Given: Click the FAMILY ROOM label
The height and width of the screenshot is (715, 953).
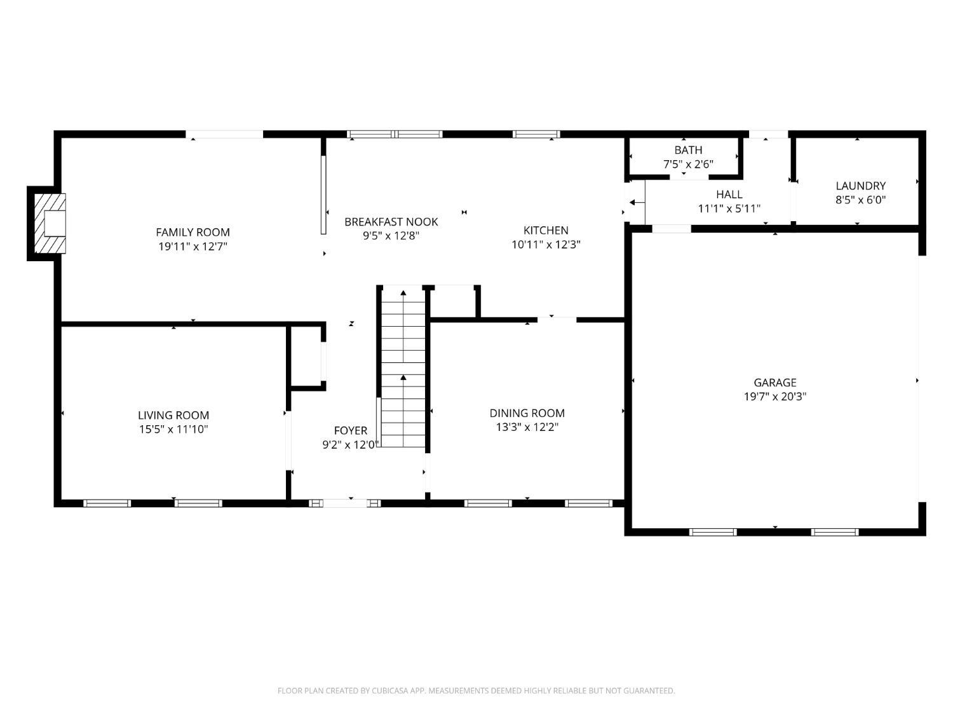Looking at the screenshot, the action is [x=193, y=232].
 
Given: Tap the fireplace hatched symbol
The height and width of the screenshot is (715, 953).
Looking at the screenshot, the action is [x=50, y=223].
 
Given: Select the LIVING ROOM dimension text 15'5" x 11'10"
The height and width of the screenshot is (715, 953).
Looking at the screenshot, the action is [x=173, y=430].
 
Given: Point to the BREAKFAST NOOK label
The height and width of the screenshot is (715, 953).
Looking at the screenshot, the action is [x=391, y=222].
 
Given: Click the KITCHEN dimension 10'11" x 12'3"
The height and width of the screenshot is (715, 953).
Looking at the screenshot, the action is [x=546, y=245].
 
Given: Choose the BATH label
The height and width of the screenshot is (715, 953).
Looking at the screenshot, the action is [x=688, y=150].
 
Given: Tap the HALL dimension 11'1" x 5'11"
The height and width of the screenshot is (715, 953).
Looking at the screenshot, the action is [x=729, y=209].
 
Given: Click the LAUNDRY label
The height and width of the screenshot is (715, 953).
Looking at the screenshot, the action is [x=860, y=186].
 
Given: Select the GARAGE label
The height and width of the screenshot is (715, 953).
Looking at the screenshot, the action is [x=775, y=383].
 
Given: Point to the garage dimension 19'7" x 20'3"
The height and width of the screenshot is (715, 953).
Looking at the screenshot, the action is [x=775, y=397].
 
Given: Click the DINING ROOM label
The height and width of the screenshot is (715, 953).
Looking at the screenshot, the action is [x=527, y=413].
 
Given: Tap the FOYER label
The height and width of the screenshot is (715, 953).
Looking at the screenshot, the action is [x=350, y=431].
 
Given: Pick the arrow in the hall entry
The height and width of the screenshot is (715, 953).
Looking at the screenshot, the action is [x=637, y=202].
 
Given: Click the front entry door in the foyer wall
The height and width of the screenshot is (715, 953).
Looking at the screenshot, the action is [x=345, y=503].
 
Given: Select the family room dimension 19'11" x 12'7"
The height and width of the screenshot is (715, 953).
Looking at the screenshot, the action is [x=193, y=247].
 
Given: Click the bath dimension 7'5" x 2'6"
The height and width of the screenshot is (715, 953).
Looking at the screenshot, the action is [x=688, y=165].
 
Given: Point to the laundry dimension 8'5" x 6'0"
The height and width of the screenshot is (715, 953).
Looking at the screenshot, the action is [x=860, y=200].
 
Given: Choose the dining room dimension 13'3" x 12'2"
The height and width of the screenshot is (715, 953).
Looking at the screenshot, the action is [x=527, y=427].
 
